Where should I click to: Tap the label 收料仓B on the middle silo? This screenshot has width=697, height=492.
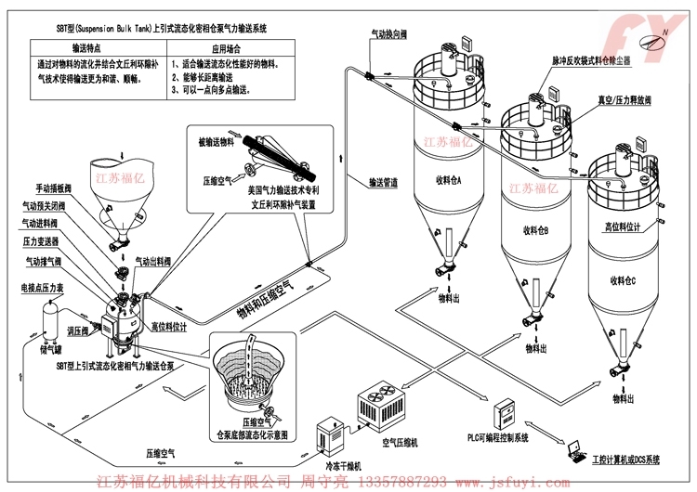pos(535,230)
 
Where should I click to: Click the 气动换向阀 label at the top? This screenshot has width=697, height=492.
pos(389,34)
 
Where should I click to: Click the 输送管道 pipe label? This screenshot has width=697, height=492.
pos(384,183)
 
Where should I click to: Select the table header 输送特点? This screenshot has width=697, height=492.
pos(87,45)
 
